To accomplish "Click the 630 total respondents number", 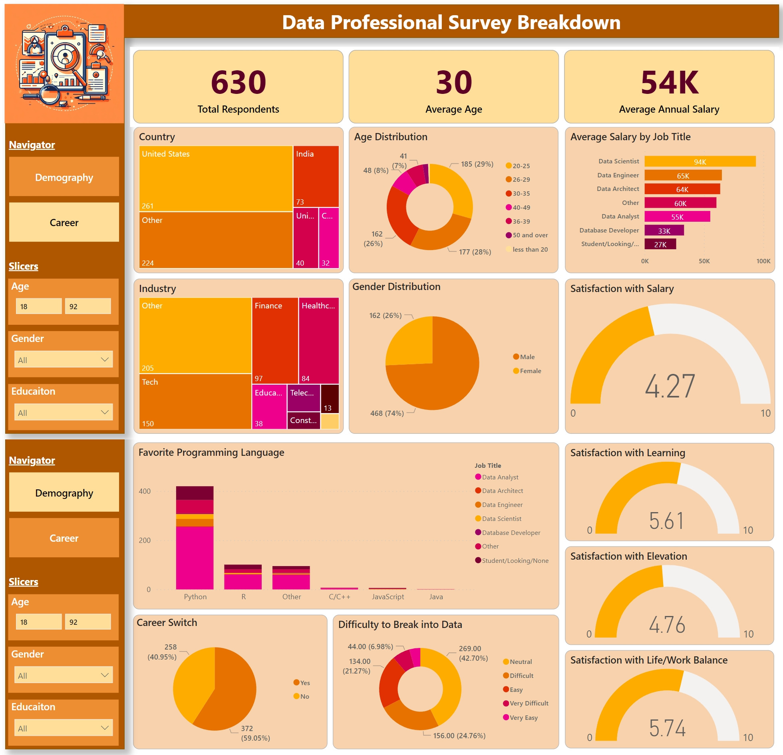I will pos(238,82).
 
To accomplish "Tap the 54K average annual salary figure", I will pos(670,82).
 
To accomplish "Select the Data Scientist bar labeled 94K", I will pos(700,161).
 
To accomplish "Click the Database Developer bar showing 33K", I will pos(664,230).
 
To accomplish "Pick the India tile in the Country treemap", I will pos(316,176).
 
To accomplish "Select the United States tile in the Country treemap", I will pos(216,178).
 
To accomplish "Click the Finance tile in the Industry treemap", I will pos(275,340).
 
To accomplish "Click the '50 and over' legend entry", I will pos(530,235).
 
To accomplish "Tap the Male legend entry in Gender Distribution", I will pos(527,357).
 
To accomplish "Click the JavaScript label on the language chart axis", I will pos(388,596).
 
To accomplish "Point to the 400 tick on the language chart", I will pos(145,491).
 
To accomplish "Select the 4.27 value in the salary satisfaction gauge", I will pos(670,386).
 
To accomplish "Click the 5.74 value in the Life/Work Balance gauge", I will pos(667,728).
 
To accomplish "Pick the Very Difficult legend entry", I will pos(529,703).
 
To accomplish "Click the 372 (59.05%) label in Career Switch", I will pos(255,733).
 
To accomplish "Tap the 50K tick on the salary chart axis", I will pos(704,261).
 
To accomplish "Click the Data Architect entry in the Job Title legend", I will pos(502,491).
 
